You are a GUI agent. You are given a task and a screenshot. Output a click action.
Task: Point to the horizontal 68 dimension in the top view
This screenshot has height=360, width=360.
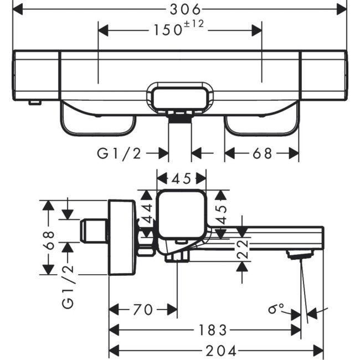click(x=262, y=153)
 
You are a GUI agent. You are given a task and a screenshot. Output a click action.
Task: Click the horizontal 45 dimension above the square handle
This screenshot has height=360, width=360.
click(x=181, y=178)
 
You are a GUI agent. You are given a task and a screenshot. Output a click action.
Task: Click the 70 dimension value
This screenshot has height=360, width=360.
click(x=143, y=310)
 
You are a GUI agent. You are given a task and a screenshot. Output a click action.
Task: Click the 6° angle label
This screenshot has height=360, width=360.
click(x=275, y=309)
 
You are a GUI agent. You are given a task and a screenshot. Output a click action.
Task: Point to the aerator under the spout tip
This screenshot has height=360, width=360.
click(x=300, y=255)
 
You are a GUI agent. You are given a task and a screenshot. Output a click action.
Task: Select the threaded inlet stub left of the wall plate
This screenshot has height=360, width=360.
click(x=94, y=231)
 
